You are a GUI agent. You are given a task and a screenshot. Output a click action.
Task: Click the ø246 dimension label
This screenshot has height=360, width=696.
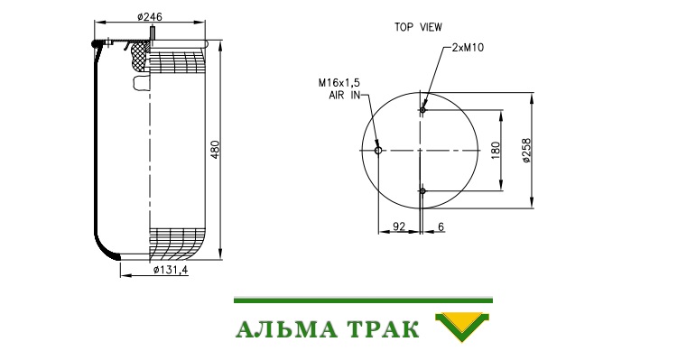tap(150, 17)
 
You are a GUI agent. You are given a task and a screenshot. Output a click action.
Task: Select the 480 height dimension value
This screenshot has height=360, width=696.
tap(215, 150)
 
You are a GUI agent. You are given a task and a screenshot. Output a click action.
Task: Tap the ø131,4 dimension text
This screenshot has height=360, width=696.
tap(171, 270)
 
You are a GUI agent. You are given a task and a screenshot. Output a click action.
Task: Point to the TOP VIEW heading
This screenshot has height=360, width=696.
tap(418, 27)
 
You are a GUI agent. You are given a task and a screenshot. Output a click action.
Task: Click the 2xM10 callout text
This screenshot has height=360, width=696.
tap(468, 48)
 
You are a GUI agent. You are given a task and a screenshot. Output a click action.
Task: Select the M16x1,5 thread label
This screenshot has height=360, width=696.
tap(339, 83)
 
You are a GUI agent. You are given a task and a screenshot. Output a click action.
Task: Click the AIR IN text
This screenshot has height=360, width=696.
tap(345, 95)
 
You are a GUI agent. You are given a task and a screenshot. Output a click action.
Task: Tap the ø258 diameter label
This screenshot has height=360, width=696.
tap(526, 150)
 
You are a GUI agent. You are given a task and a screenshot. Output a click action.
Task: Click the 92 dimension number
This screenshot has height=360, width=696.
tap(399, 226)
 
